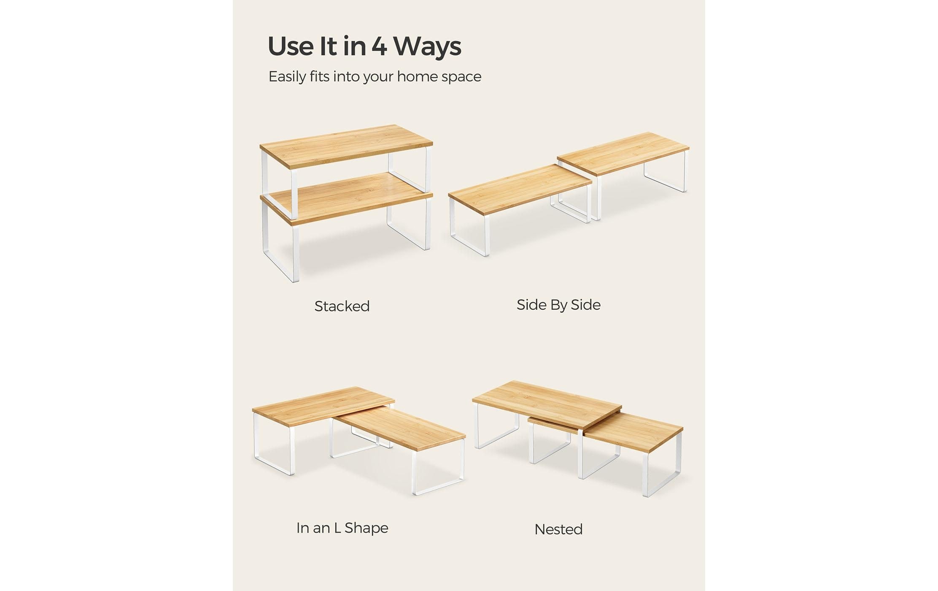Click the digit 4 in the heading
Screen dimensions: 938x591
(379, 46)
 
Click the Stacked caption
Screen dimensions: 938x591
(342, 306)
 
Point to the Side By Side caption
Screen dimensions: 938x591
(558, 305)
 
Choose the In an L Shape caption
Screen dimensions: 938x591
(342, 528)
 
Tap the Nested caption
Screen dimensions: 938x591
(558, 529)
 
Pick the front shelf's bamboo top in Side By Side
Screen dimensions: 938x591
(520, 189)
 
